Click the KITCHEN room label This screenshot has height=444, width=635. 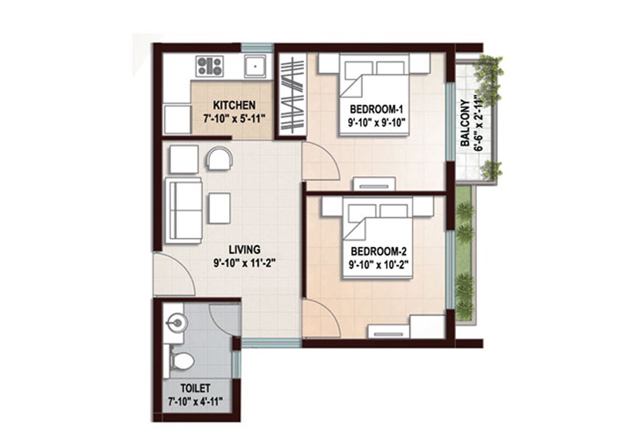234,106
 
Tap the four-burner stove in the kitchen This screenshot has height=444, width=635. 210,67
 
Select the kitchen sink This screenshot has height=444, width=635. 255,67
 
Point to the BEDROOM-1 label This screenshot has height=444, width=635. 377,109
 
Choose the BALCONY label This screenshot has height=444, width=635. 465,123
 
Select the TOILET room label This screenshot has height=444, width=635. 196,388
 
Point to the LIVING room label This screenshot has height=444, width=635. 244,249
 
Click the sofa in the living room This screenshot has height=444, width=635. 184,211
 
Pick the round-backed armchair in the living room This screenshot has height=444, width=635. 220,158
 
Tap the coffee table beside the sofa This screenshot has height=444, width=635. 220,208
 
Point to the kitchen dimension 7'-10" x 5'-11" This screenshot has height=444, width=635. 234,118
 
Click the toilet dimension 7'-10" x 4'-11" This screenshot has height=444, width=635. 196,402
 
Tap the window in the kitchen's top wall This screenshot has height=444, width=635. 258,48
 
